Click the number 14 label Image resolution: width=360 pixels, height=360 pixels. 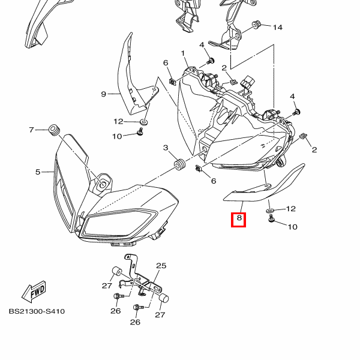tap(277, 28)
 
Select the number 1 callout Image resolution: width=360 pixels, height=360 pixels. tap(182, 53)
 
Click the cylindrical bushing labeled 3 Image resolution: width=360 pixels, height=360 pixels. tap(178, 163)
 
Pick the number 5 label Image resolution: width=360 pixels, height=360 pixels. tap(37, 172)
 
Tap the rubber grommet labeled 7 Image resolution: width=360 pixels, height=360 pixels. tap(55, 128)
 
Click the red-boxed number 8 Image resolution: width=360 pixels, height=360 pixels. tap(239, 219)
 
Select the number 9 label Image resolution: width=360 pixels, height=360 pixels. tap(103, 94)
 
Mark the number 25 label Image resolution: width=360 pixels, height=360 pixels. tap(161, 266)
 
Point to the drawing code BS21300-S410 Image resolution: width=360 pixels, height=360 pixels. tap(37, 311)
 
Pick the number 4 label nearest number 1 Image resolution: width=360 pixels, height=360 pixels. tap(202, 45)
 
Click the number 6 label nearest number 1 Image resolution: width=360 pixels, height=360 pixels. tap(165, 63)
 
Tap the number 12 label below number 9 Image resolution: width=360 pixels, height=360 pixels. tap(118, 121)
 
